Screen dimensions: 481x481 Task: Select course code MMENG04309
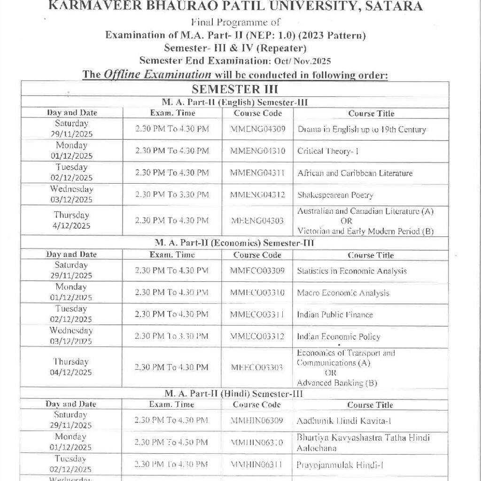point(257,129)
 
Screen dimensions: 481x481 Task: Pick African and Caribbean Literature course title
point(355,173)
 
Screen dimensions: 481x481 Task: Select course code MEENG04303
point(257,220)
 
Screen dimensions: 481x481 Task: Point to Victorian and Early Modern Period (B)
point(365,231)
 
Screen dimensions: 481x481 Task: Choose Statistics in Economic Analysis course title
point(352,271)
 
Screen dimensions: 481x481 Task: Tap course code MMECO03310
point(257,293)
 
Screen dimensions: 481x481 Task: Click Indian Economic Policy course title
point(338,337)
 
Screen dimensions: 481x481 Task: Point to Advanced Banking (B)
point(337,383)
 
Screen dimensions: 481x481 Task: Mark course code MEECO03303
point(257,367)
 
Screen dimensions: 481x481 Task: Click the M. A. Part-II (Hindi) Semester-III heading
point(233,394)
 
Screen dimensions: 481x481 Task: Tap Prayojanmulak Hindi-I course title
point(341,465)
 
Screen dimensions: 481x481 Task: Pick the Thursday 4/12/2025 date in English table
point(71,220)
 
